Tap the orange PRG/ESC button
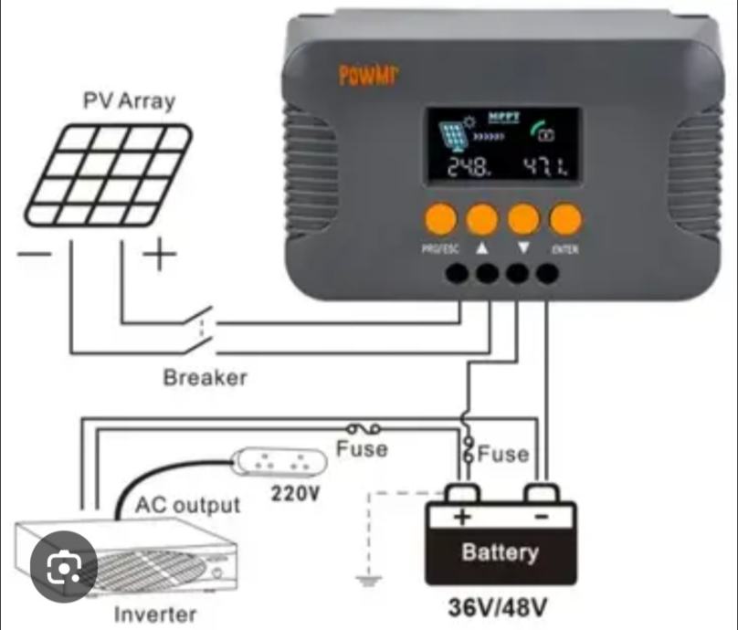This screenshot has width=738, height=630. click(439, 219)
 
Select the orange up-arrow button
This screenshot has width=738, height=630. click(481, 219)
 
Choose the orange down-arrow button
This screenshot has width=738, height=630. click(523, 219)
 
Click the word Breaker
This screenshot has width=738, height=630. click(205, 376)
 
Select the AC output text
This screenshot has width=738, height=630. click(188, 504)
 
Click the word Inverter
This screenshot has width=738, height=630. click(154, 614)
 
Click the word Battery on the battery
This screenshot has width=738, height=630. click(500, 551)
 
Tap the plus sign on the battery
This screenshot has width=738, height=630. click(463, 517)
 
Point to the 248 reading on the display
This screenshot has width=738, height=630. click(468, 167)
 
